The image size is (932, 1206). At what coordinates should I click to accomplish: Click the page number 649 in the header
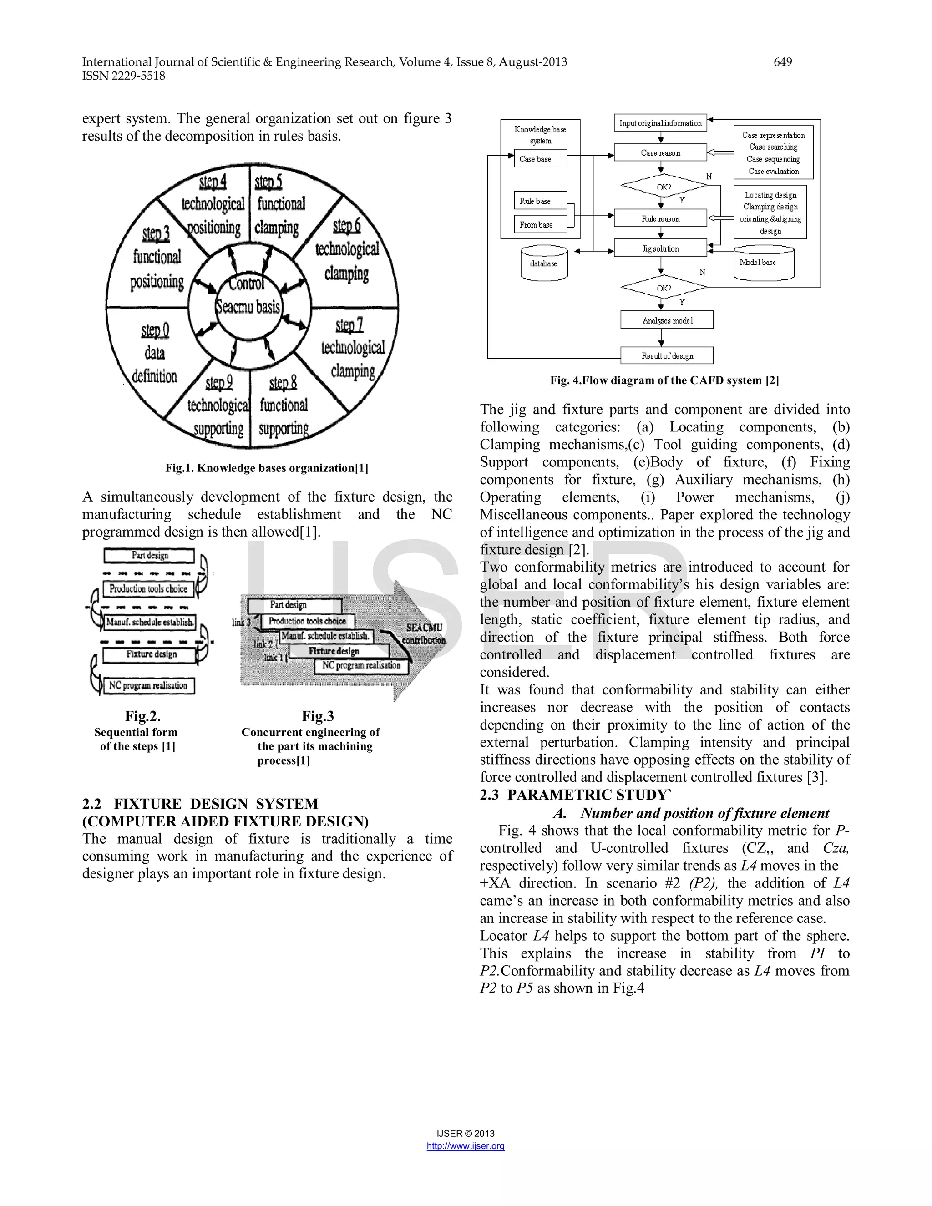782,62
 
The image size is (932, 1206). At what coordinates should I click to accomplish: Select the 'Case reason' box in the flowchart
660,153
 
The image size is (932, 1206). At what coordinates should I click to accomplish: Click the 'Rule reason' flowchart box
660,218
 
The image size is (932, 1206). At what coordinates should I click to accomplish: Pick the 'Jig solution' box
660,248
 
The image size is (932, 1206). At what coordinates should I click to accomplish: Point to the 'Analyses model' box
667,320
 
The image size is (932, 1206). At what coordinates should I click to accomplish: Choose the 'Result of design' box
667,355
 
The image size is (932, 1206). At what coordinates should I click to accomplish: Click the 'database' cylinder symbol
544,264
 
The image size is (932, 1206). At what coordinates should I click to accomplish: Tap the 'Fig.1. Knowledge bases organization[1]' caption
267,468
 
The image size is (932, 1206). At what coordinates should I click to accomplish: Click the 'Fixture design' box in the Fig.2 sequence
150,654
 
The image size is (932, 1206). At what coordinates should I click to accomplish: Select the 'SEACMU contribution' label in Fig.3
424,634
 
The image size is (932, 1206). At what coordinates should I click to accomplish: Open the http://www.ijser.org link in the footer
466,1146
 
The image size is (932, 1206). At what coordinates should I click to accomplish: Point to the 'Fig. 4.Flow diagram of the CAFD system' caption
664,380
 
